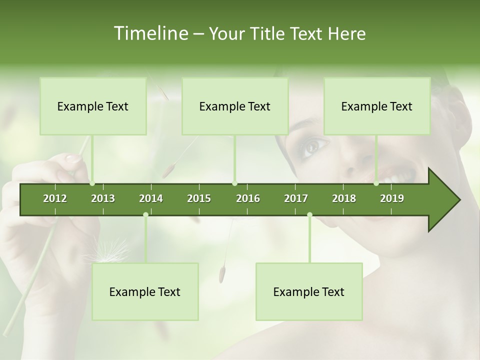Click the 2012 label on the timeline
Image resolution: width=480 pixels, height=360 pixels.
click(x=55, y=198)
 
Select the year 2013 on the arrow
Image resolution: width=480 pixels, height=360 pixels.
click(x=103, y=198)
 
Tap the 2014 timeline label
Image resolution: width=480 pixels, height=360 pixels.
click(x=151, y=198)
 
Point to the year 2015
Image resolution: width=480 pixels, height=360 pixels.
click(x=199, y=198)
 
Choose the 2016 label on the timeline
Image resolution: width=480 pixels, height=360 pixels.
click(x=248, y=198)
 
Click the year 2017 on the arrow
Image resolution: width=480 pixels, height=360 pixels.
click(x=296, y=198)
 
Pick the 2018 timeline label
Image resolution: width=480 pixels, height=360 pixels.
click(x=344, y=198)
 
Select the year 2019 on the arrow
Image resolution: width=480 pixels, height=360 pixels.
click(x=392, y=198)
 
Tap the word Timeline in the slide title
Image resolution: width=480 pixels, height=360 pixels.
click(x=149, y=33)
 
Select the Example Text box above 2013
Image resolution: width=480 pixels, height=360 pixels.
click(x=93, y=106)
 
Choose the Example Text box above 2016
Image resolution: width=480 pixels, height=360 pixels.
click(x=235, y=106)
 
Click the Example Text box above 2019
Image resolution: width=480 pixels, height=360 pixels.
click(x=377, y=106)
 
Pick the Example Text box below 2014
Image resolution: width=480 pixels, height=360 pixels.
click(x=145, y=291)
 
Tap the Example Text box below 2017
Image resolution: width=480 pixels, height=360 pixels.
click(x=309, y=291)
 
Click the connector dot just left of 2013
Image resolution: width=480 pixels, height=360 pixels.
click(x=92, y=183)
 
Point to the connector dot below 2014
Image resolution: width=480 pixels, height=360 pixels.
click(x=145, y=215)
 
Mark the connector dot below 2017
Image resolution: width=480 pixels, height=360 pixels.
click(x=309, y=215)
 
